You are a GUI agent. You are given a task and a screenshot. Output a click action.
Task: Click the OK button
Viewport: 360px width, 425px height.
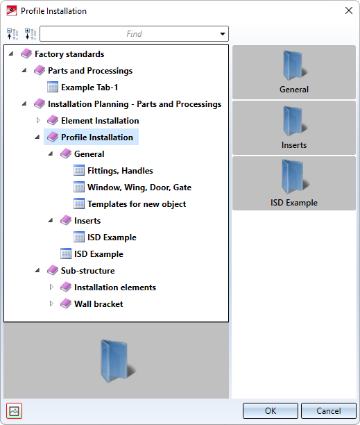(x=270, y=410)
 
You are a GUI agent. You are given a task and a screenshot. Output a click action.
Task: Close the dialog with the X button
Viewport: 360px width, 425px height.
(x=349, y=10)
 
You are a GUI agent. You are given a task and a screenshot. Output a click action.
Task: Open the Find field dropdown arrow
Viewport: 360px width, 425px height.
(x=223, y=34)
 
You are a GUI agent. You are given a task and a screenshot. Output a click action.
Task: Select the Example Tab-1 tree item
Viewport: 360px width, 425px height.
(x=89, y=87)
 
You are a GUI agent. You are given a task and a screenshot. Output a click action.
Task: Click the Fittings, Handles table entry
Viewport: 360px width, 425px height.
(x=120, y=171)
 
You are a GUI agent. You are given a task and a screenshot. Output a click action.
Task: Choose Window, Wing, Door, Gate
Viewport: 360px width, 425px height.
(x=139, y=187)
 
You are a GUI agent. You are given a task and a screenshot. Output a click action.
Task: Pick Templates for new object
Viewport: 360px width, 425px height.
(x=137, y=204)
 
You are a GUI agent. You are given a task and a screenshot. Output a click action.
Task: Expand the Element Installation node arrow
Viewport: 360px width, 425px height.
(x=38, y=120)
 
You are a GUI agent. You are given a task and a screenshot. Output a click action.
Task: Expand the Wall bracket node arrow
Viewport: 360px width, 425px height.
(x=51, y=303)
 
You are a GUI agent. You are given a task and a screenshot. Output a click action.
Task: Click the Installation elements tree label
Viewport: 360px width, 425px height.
(x=115, y=287)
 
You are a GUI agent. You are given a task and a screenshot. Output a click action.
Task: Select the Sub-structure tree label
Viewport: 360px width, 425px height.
(x=87, y=271)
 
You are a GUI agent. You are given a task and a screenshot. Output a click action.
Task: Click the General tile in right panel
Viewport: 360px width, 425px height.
(x=294, y=72)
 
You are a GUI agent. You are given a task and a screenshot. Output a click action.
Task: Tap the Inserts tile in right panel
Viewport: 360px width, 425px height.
(x=294, y=128)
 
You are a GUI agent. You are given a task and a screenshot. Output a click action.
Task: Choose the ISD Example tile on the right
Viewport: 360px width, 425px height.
(x=294, y=183)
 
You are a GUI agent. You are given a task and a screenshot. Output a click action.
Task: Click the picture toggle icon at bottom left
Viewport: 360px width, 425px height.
(x=14, y=411)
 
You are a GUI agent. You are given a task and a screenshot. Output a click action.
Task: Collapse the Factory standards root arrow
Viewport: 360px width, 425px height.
(x=11, y=53)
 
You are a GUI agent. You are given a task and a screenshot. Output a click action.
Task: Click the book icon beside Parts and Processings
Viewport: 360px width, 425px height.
(x=40, y=70)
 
